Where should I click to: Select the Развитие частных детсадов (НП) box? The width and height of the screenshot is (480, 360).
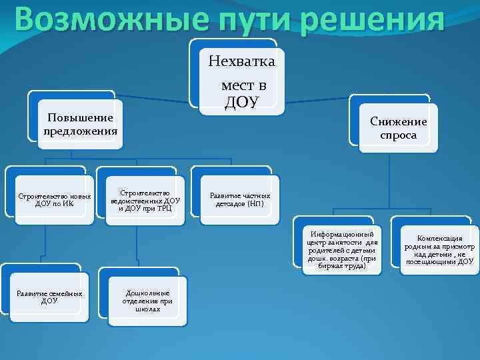pos(240,200)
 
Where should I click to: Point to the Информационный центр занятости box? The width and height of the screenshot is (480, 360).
pos(342,250)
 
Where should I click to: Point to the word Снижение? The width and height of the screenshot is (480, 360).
pos(399,121)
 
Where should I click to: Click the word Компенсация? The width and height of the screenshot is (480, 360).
pos(439,238)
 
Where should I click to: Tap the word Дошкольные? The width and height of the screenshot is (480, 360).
pos(147,293)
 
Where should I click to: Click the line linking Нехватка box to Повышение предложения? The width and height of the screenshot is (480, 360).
pos(160,102)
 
